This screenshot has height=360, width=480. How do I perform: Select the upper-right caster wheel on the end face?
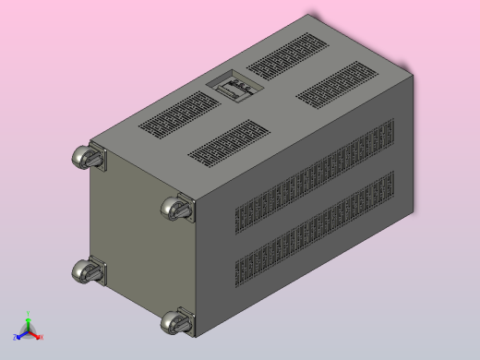point(174,209)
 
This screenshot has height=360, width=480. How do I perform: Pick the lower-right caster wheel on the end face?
point(174,322)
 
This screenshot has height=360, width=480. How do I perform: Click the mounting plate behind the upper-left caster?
point(100,162)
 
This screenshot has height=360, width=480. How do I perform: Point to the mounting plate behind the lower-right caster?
point(187,320)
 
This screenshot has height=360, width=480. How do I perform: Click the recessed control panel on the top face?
point(233,89)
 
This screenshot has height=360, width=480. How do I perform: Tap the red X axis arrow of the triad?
point(36,335)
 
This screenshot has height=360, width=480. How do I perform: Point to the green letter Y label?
point(28,314)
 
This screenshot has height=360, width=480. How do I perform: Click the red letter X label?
point(42,338)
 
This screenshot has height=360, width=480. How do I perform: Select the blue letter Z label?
point(15,338)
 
